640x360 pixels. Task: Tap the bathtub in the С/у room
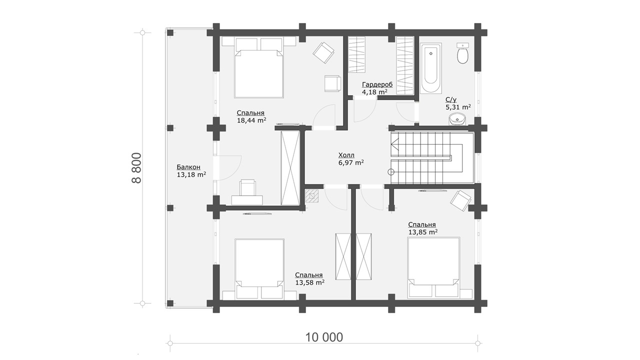pos(431,67)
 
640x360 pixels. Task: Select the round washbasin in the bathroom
pos(457,119)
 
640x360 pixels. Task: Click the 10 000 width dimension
pos(324,337)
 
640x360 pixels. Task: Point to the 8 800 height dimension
pos(136,168)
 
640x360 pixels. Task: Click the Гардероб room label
pos(377,84)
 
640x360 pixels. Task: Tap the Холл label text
pos(346,155)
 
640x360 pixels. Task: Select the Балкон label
pos(188,167)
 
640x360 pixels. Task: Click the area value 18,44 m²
pos(251,120)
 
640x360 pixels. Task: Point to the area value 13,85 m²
pos(423,232)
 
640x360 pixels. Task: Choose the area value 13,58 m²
pos(309,283)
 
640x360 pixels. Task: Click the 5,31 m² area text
pos(458,107)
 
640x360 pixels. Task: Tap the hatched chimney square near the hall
pos(311,196)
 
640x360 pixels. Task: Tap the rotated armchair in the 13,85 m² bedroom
pos(460,200)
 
